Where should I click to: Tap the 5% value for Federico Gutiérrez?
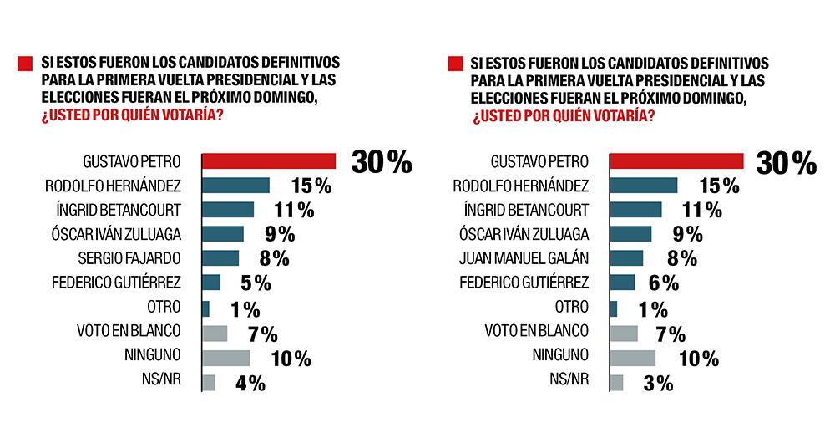click(x=257, y=283)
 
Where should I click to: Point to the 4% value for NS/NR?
click(x=249, y=384)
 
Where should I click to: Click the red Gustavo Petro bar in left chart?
click(x=269, y=160)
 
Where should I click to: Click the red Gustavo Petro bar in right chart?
click(x=676, y=160)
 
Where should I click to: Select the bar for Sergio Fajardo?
click(x=220, y=257)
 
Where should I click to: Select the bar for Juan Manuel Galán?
click(x=626, y=257)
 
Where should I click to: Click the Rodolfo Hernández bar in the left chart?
click(x=236, y=185)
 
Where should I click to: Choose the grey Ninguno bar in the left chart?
click(x=226, y=358)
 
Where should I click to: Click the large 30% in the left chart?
click(x=382, y=162)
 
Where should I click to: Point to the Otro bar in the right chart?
click(x=614, y=308)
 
